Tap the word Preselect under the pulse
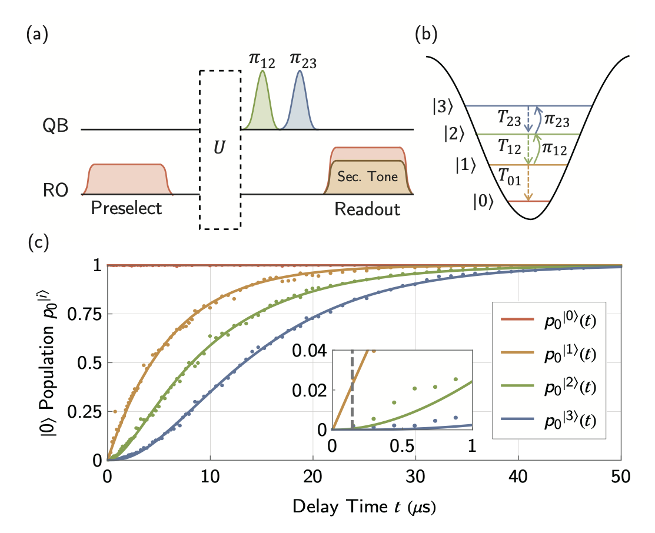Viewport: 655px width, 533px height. coord(127,209)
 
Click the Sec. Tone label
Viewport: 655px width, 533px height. coord(368,176)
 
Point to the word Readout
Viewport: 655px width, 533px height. coord(368,209)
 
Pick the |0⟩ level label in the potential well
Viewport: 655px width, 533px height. coord(484,201)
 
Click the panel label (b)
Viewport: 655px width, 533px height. coord(426,36)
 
